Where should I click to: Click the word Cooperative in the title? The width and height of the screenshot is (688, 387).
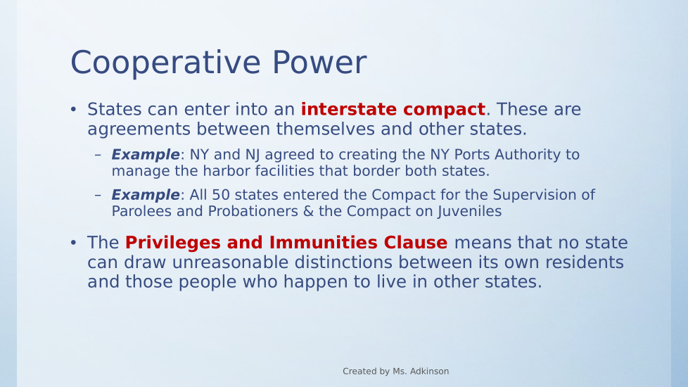165,63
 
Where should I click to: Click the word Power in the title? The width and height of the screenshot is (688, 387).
319,62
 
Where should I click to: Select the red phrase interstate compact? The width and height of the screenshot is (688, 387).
393,109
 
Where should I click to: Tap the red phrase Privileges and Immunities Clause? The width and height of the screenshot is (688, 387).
286,243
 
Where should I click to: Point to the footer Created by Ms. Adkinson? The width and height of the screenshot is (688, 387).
396,372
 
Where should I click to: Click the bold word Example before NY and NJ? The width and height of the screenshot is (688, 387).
145,155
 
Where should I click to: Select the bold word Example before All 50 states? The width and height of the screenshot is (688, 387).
145,195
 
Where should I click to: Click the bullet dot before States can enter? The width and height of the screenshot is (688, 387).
73,109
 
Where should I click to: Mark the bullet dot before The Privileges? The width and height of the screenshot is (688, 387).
73,242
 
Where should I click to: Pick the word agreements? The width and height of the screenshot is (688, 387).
139,129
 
